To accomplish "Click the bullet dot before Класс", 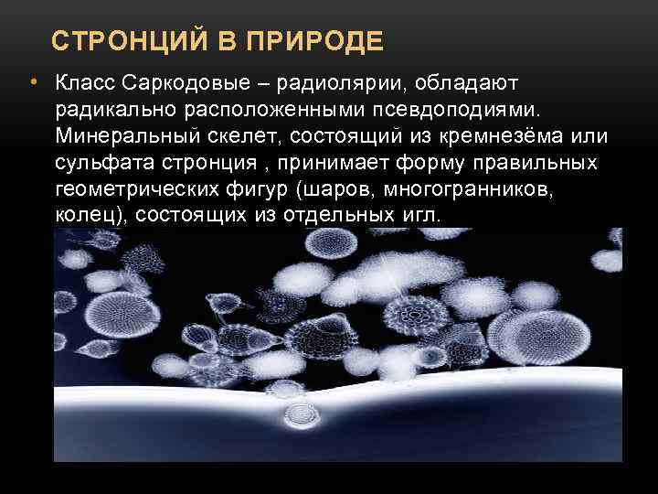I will [32, 84].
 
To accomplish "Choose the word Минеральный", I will [122, 137].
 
